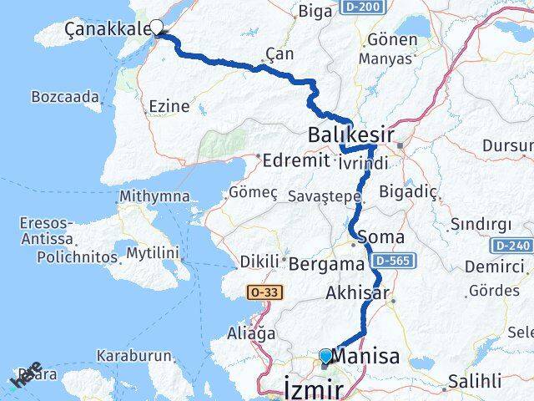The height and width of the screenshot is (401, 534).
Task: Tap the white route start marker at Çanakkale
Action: pos(156,27)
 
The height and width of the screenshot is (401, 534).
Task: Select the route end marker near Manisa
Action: pos(325,357)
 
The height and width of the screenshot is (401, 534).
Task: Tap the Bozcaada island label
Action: pos(64,96)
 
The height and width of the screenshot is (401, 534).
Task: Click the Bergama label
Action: pos(326,263)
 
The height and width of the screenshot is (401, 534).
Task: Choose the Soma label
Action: pos(380,238)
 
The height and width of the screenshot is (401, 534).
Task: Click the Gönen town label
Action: pos(386,39)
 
